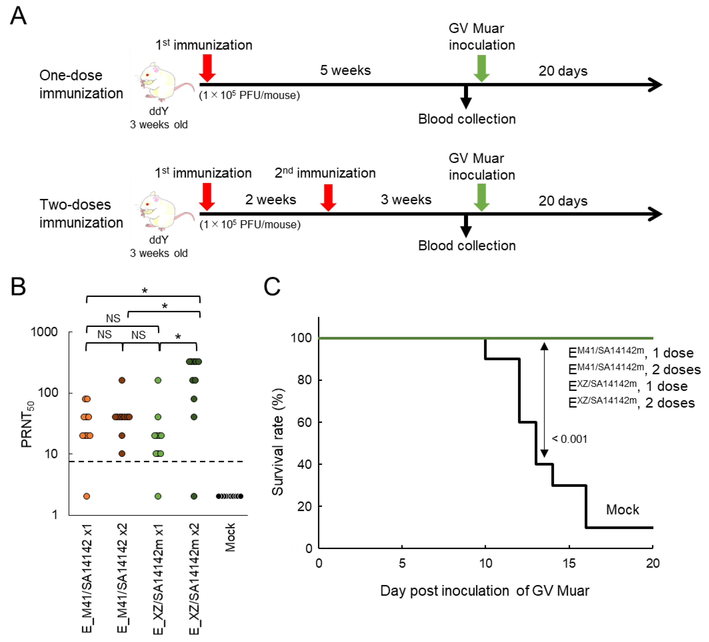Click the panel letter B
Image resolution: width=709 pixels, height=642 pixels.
[18, 287]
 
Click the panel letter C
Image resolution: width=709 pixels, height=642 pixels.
[272, 287]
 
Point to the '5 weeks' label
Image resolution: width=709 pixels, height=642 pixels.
[345, 70]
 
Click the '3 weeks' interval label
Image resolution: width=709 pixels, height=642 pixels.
[406, 200]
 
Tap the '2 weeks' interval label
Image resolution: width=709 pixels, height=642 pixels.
[270, 200]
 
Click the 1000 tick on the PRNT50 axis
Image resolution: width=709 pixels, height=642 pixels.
[44, 332]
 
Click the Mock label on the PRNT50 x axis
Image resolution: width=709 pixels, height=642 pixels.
[230, 537]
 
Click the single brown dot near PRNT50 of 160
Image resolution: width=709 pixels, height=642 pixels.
[122, 380]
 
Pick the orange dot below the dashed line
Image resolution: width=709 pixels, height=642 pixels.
[87, 496]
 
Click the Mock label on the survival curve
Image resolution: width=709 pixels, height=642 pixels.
[622, 510]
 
